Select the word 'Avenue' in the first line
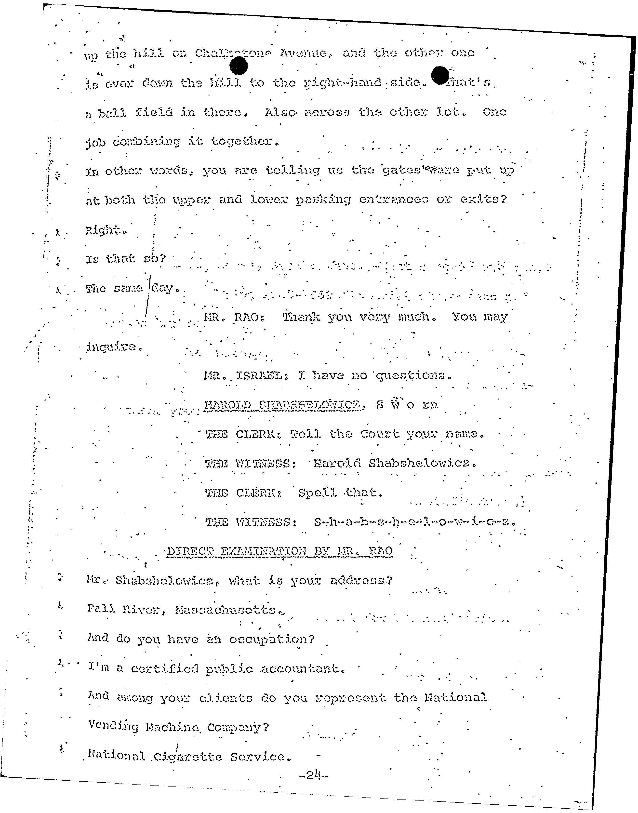(x=303, y=54)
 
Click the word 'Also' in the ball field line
(x=280, y=112)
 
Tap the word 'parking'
(x=323, y=200)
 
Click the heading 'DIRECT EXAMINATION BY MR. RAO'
(x=279, y=551)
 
